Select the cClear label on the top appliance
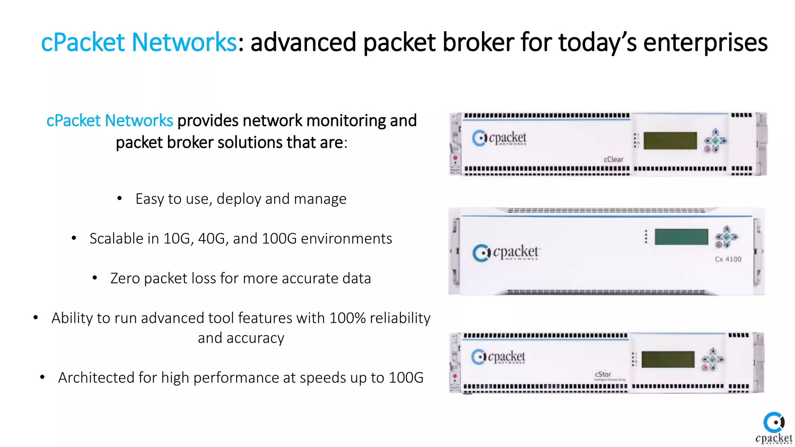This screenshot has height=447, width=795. point(613,159)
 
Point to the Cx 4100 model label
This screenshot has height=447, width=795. point(728,259)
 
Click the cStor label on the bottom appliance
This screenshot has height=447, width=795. point(603,374)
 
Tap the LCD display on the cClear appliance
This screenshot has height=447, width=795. point(670,140)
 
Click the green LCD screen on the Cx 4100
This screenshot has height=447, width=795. point(681,237)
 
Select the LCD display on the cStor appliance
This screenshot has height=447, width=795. point(668,359)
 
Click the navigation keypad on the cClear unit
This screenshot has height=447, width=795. point(715,141)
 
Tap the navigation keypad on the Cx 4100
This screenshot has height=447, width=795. point(726,237)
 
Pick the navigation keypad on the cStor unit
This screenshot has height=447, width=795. point(713,359)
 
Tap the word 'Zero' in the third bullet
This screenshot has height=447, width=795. point(125,279)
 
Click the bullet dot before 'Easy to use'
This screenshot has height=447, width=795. point(120,199)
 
